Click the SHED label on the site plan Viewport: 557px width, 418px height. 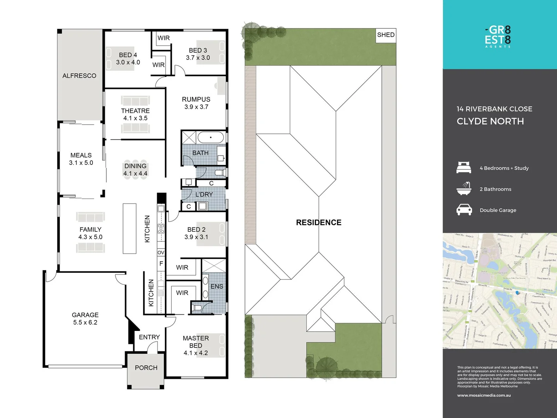coord(386,35)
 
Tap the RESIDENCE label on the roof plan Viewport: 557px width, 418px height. coord(319,223)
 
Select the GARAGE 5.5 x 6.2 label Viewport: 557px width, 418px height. coord(85,319)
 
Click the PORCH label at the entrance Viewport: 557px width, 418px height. coord(146,368)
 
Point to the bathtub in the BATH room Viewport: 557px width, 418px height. coord(211,137)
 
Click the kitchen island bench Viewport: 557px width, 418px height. coord(130,228)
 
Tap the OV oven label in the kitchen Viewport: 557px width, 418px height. coord(161,252)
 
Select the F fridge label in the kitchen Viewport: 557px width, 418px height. coord(161,264)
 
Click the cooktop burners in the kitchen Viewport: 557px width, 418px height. coord(161,228)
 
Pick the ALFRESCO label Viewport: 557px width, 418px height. coord(79,76)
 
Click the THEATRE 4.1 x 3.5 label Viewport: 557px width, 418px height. coord(135,114)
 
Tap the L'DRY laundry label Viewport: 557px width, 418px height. coord(204,194)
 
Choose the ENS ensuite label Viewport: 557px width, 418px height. coord(217,286)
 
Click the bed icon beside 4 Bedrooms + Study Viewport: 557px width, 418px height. coord(464,168)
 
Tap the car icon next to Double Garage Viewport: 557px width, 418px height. coord(464,210)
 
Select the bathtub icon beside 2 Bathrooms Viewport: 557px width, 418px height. coord(464,188)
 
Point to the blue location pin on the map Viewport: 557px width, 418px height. coord(518,293)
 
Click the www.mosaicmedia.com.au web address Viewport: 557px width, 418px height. coord(484,395)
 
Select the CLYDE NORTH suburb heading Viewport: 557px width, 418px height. coord(490,121)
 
